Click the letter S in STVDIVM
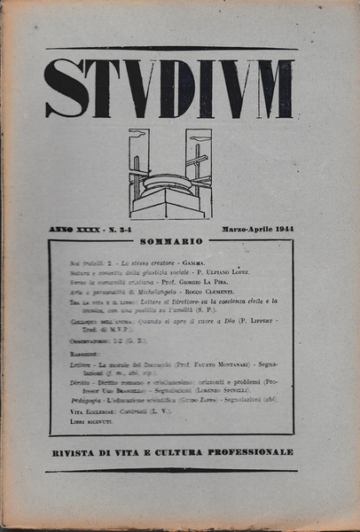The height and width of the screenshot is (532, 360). point(66,89)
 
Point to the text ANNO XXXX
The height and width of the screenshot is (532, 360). point(74,229)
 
